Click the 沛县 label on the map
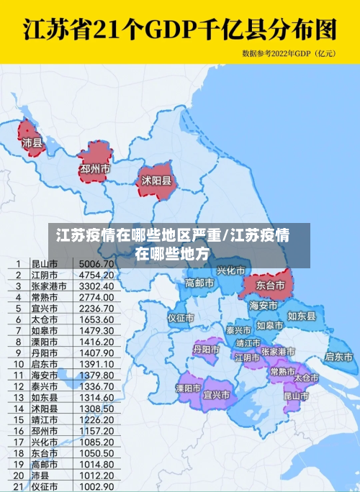point(32,143)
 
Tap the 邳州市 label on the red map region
point(95,168)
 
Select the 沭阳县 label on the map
point(156,181)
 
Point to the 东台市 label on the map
point(271,286)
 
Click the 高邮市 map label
point(199,283)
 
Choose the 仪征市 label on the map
point(181,317)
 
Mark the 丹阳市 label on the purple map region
point(206,349)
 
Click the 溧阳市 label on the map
point(189,388)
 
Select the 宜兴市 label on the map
point(217,394)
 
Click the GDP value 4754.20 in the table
point(96,275)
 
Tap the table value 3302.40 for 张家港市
point(96,286)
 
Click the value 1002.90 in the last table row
point(96,486)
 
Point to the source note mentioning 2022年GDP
point(289,53)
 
